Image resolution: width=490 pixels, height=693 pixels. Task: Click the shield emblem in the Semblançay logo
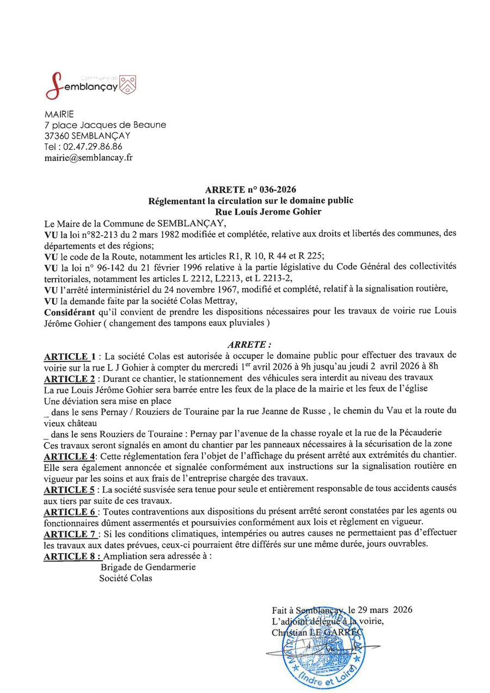click(x=127, y=84)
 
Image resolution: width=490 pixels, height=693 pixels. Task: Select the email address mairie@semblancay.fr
click(x=88, y=158)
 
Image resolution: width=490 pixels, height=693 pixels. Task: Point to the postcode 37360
click(x=55, y=136)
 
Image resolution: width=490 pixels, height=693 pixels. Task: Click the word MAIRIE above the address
click(x=58, y=114)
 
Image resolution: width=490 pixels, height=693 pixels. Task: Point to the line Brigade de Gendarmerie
click(x=148, y=567)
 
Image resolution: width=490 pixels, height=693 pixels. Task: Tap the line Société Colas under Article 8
click(x=126, y=578)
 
